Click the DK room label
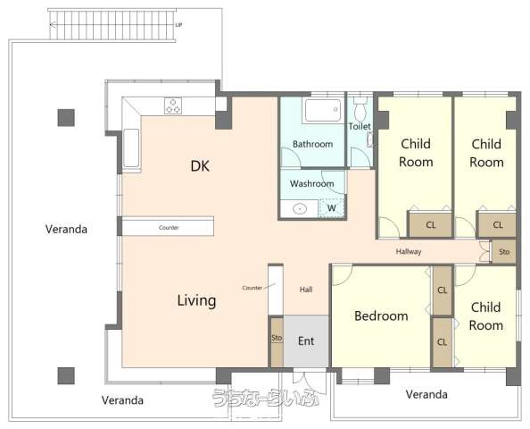200,166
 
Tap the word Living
196,300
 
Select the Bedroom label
381,315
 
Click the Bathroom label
312,144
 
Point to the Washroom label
312,183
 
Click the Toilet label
360,126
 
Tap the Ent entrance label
306,341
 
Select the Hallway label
409,251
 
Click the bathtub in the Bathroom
323,110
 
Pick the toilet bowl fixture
360,108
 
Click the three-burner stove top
173,105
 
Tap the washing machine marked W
331,208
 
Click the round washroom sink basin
300,209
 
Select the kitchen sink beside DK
131,148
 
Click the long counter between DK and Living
168,226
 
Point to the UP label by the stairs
178,25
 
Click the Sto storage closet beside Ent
277,342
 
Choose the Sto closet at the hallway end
503,252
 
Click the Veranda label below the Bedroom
426,394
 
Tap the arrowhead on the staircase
53,24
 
